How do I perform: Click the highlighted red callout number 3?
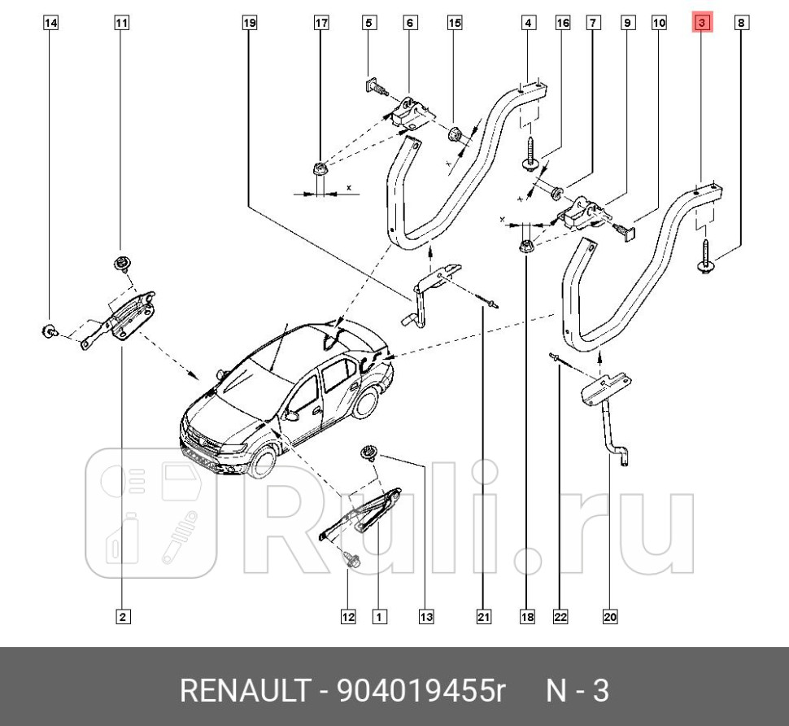pyautogui.click(x=701, y=24)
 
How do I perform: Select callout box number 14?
pyautogui.click(x=50, y=24)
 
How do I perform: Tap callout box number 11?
pyautogui.click(x=121, y=24)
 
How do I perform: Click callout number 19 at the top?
pyautogui.click(x=250, y=24)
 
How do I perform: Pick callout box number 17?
pyautogui.click(x=321, y=24)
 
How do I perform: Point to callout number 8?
pyautogui.click(x=741, y=24)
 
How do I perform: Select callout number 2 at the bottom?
pyautogui.click(x=122, y=617)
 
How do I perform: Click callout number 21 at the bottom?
pyautogui.click(x=483, y=617)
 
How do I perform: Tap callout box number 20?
pyautogui.click(x=610, y=617)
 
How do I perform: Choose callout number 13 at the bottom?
pyautogui.click(x=426, y=617)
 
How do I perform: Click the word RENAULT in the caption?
pyautogui.click(x=241, y=691)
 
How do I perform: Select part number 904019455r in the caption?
pyautogui.click(x=421, y=691)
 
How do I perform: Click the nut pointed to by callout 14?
pyautogui.click(x=49, y=330)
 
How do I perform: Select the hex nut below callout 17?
pyautogui.click(x=319, y=169)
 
